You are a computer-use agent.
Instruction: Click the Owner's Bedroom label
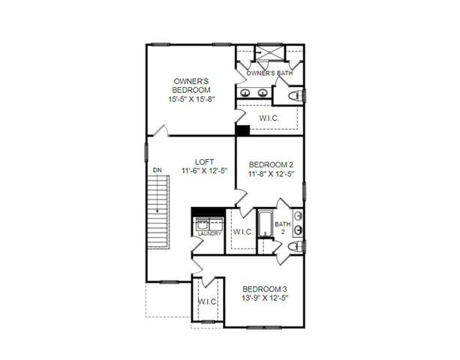click(191, 85)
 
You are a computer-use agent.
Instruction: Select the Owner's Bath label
click(269, 73)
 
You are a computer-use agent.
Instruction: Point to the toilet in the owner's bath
click(295, 95)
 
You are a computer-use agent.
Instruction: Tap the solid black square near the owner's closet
click(242, 130)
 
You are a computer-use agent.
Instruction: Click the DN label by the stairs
click(158, 171)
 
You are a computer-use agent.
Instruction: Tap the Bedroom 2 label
click(270, 165)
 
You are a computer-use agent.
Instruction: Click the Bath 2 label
click(282, 228)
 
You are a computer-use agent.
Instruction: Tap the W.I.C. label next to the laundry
click(242, 232)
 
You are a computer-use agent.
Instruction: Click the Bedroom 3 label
click(264, 289)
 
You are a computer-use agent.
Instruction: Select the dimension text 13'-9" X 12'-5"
click(264, 298)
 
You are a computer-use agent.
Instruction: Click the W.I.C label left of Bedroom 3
click(207, 301)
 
